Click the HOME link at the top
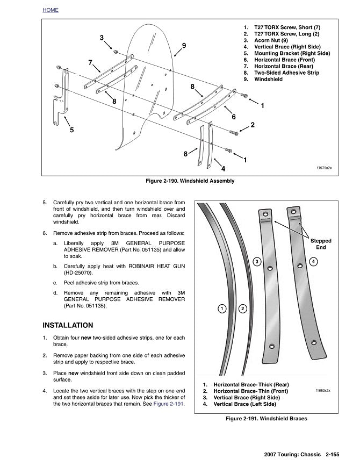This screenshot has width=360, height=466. (50, 10)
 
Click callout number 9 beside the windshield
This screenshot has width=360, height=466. (184, 46)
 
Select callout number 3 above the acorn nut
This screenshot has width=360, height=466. (102, 38)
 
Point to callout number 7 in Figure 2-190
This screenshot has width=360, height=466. (90, 62)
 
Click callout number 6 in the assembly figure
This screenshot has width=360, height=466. (234, 117)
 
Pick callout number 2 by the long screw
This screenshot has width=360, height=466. (253, 125)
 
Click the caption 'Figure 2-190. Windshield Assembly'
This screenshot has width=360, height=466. (186, 181)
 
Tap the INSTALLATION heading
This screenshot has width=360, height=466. (68, 325)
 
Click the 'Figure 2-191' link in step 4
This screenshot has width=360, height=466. (169, 404)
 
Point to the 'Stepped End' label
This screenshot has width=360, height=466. (321, 244)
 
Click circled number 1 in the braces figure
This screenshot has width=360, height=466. (221, 308)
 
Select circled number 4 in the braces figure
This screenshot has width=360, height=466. (313, 261)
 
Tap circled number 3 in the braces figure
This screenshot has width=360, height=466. (257, 261)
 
